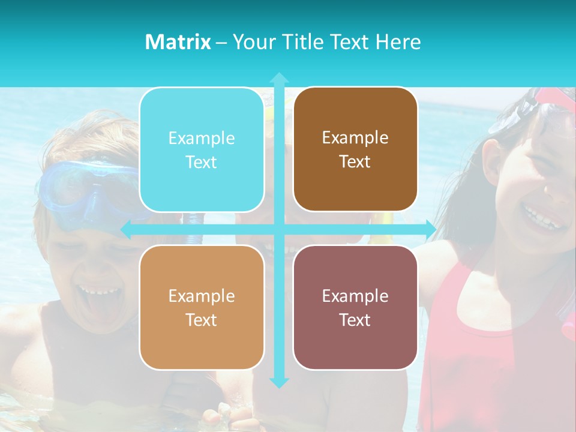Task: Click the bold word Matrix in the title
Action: pos(178,42)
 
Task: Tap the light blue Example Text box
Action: pos(202,150)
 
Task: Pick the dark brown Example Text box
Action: pos(355,149)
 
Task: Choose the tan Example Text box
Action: pos(202,307)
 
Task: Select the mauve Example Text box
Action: pos(355,307)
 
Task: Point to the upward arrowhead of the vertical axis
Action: pos(279,77)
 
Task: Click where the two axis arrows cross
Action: pos(279,229)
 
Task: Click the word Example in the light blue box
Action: pos(202,139)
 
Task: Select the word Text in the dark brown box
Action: pos(355,161)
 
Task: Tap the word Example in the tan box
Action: pos(202,296)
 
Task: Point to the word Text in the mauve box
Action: pos(355,319)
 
